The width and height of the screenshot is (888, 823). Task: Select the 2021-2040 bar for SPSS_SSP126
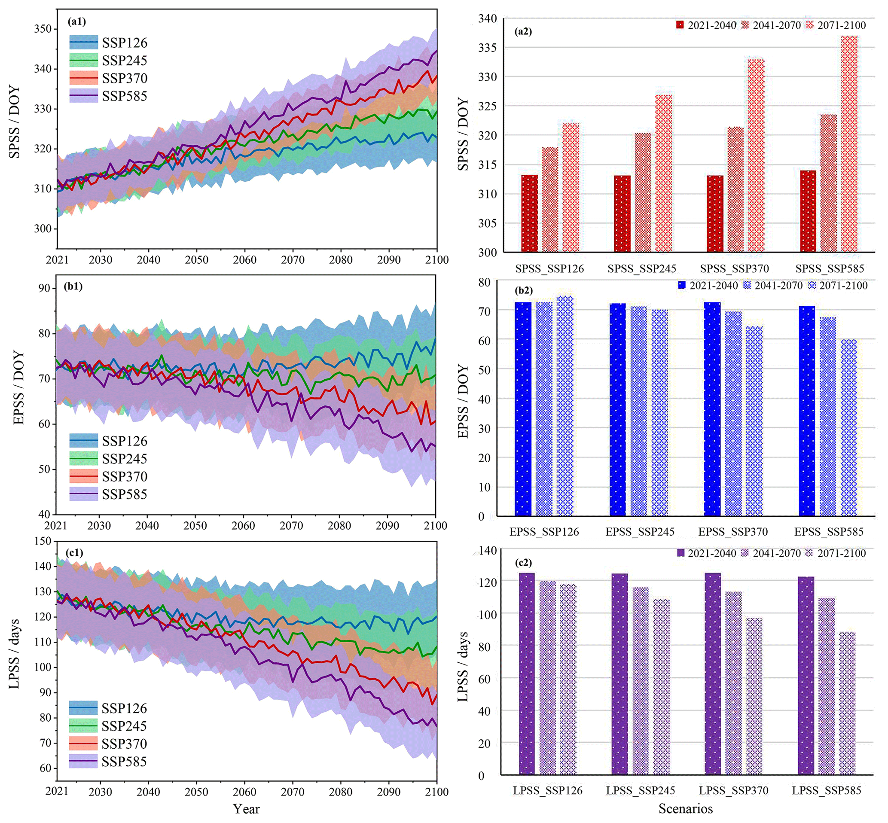530,213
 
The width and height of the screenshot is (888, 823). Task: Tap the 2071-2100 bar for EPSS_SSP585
849,427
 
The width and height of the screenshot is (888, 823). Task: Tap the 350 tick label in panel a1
43,29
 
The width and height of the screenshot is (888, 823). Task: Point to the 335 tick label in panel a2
487,48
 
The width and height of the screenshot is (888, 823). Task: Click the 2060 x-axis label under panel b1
243,525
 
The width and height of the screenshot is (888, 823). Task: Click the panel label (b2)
523,290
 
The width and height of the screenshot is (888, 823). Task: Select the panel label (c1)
74,553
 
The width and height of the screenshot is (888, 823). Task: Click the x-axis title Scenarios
685,808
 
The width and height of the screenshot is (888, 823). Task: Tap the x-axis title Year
246,809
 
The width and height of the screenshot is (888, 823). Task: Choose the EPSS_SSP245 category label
640,532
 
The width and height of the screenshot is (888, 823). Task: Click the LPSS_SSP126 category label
547,790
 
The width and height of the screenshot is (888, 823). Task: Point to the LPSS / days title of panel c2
463,666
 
